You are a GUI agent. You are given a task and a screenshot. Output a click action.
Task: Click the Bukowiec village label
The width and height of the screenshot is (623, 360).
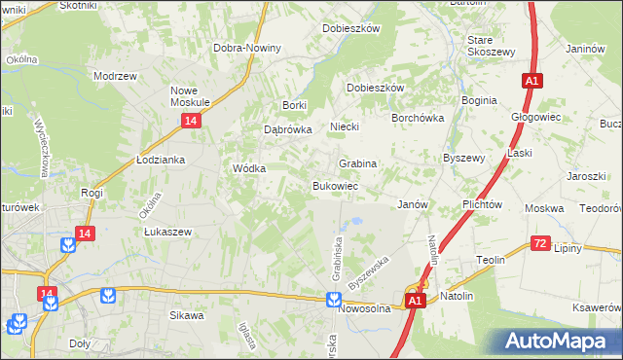tap(336, 186)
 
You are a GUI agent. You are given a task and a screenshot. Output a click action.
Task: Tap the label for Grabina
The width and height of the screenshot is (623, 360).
tap(357, 163)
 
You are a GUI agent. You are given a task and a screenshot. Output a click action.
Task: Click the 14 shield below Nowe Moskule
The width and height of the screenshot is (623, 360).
tap(191, 120)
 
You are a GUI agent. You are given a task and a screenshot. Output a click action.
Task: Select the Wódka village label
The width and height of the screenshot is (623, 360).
tap(249, 167)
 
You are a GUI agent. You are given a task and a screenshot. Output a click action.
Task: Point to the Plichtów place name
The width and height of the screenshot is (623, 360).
tap(483, 205)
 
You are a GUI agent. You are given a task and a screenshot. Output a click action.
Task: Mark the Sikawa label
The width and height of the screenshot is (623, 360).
tap(187, 315)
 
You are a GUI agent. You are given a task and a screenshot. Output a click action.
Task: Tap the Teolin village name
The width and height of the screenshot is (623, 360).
tap(490, 260)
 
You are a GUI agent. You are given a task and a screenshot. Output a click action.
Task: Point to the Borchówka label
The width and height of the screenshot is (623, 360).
tap(417, 117)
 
